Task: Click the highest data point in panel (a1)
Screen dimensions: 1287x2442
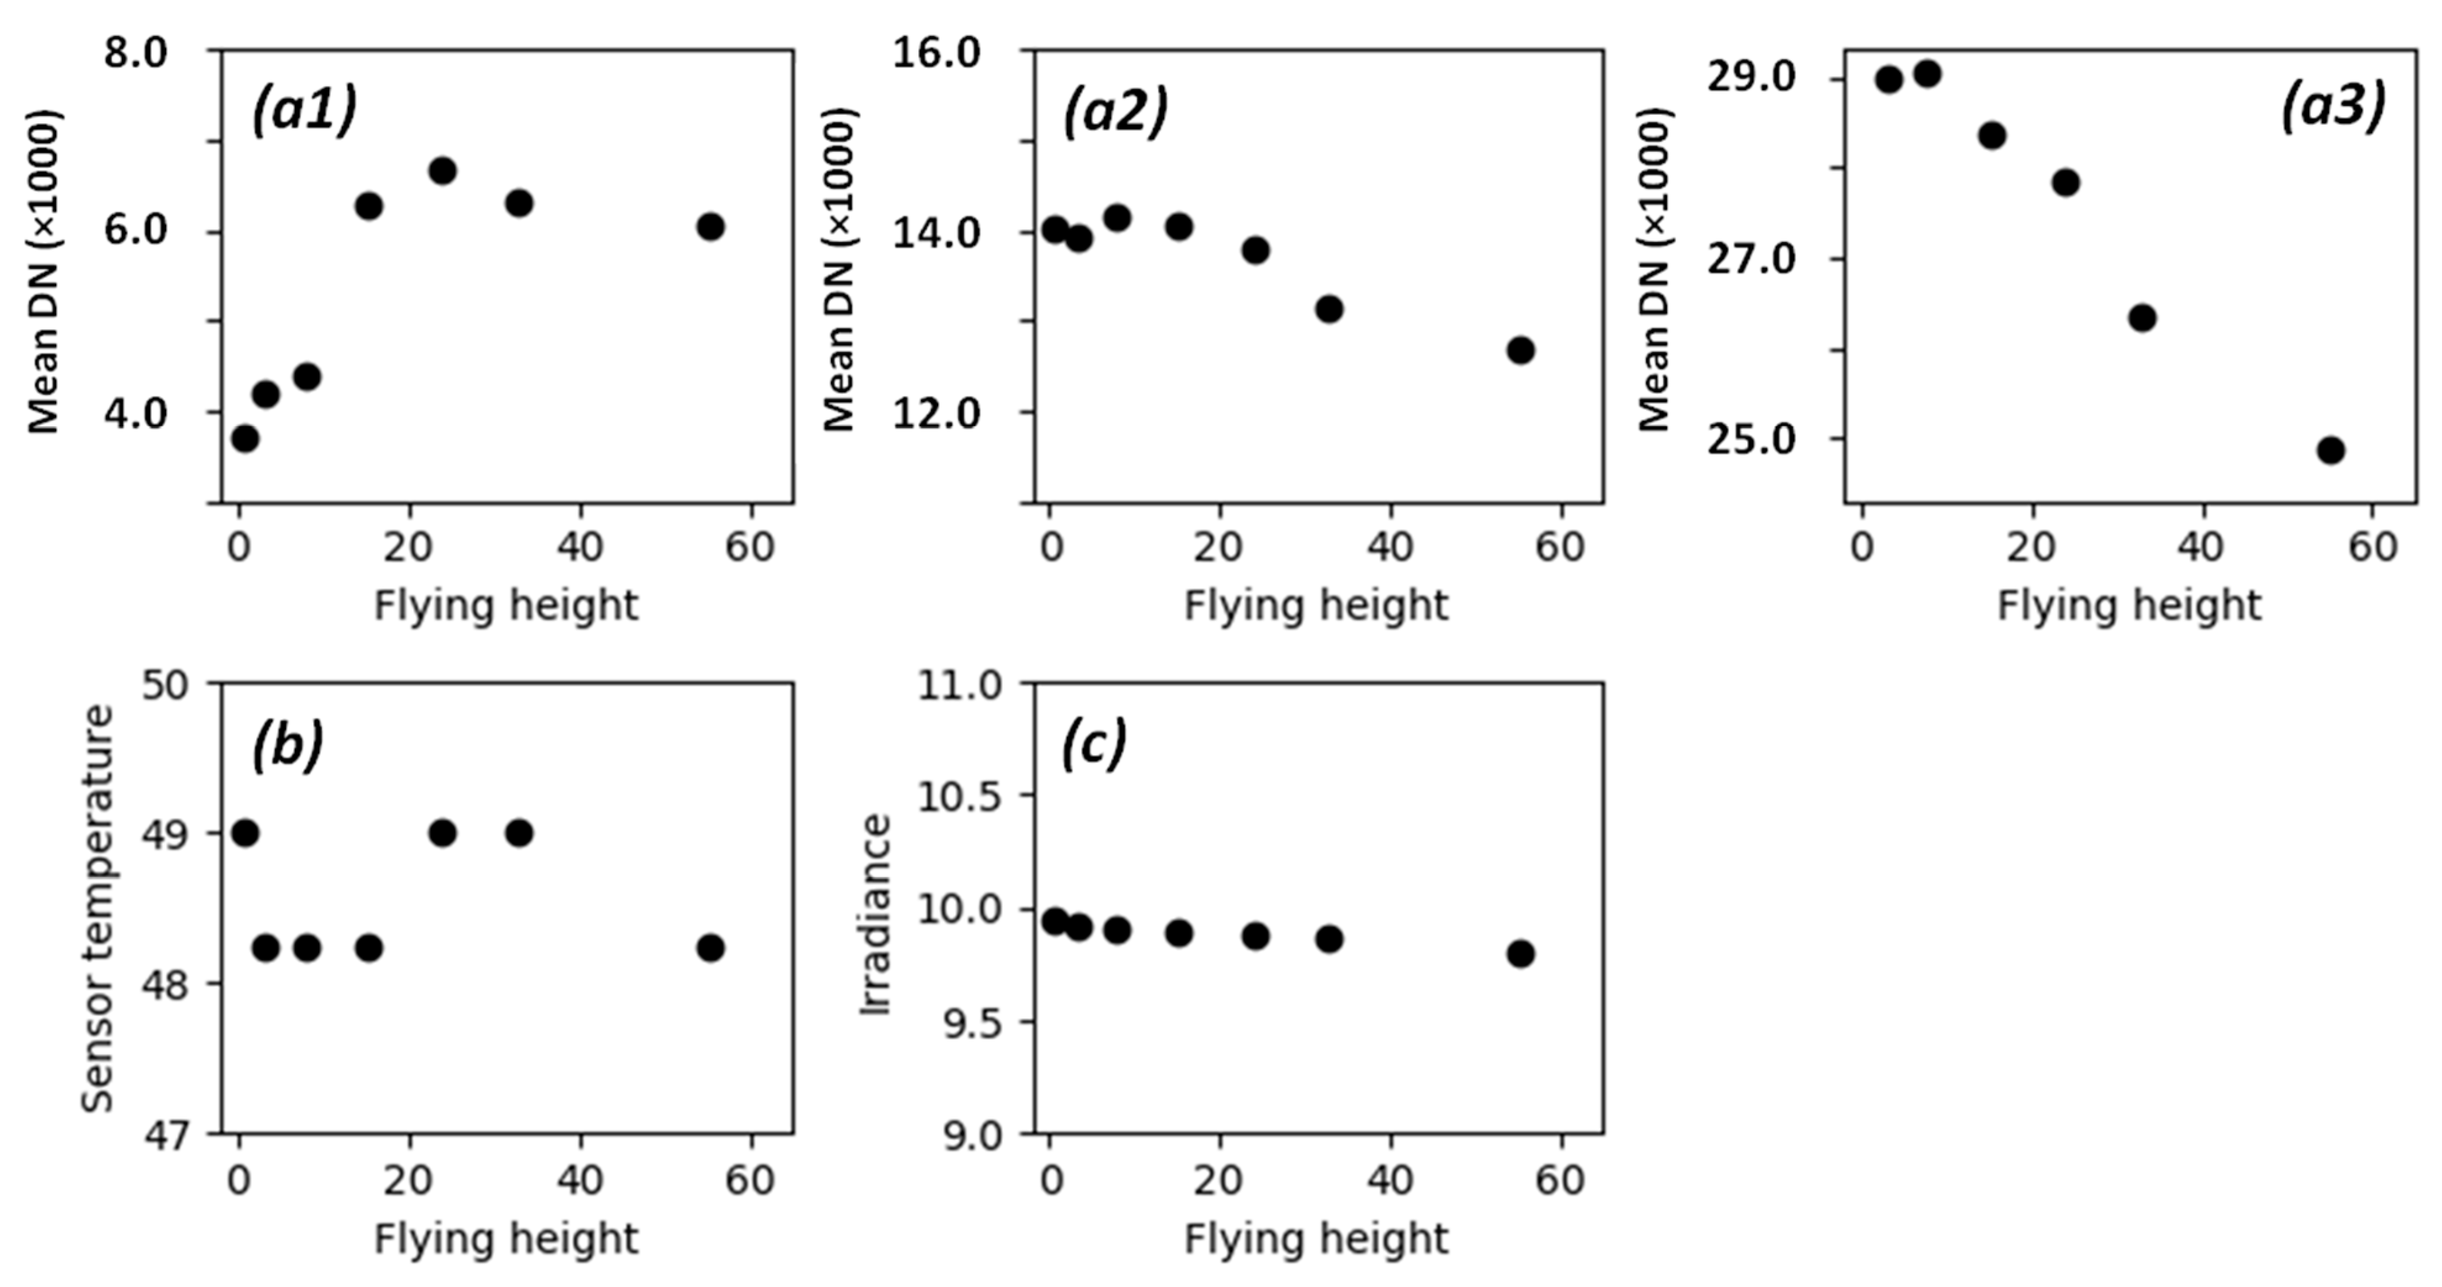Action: coord(443,170)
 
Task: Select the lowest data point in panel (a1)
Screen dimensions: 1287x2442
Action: coord(245,438)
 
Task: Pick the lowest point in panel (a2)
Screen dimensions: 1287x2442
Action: coord(1521,350)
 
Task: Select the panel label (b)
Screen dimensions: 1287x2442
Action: coord(287,744)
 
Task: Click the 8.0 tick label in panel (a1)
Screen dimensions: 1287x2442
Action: coord(135,52)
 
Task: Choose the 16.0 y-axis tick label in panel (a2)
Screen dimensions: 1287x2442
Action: coord(937,52)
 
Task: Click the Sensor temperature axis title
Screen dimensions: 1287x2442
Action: coord(98,908)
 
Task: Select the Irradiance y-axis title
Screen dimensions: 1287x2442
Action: coord(876,915)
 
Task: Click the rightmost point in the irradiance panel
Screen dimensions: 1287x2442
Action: coord(1521,954)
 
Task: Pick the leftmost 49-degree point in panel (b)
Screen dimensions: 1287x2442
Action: coord(245,833)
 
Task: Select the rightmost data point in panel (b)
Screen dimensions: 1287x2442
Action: coord(710,948)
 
